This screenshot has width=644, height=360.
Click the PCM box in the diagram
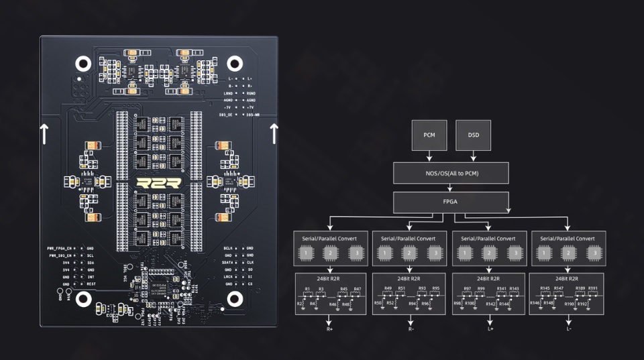pos(429,135)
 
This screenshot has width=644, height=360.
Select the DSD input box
pos(473,135)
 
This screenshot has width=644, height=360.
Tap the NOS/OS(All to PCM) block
pos(451,173)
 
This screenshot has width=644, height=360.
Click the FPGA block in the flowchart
pos(451,200)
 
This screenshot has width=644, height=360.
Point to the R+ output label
pos(330,329)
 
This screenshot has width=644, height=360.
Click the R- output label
pos(410,329)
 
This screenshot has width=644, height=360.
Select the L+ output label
pos(490,329)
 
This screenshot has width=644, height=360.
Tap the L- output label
pos(569,329)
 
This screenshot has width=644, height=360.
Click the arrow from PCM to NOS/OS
pos(429,156)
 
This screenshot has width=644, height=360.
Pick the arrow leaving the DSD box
pos(473,156)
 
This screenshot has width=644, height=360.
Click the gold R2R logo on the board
pos(159,184)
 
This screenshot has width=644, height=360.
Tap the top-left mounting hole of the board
pos(83,64)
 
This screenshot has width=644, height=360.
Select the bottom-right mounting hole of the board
pos(234,298)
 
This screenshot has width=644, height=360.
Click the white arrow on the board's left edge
pos(45,134)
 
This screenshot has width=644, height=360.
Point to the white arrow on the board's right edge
pos(274,134)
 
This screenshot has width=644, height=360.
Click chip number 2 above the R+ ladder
pos(330,253)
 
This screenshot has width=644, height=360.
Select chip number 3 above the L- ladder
pos(592,253)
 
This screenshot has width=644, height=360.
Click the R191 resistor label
pos(592,289)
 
